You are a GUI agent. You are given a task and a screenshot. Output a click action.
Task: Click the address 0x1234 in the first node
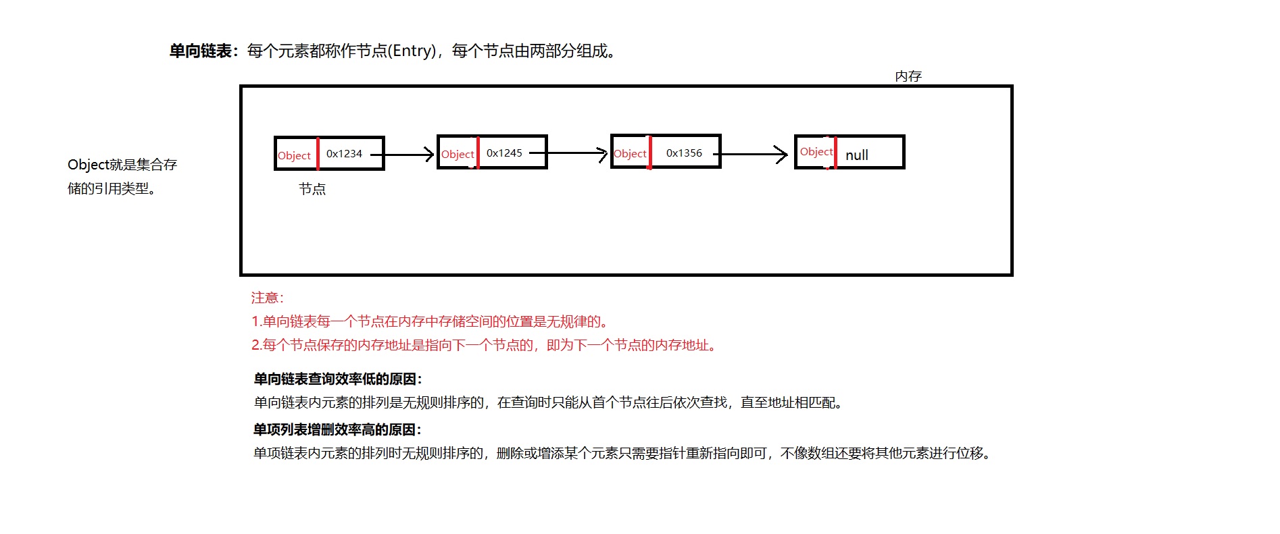(344, 154)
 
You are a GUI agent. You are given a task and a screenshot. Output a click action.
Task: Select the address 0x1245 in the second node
(504, 153)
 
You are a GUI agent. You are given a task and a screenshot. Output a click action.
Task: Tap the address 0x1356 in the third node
(684, 153)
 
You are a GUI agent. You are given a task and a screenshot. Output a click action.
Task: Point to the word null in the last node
(857, 155)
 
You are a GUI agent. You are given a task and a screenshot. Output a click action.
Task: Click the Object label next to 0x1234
(294, 155)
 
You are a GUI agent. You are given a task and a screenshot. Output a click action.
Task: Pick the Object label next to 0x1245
(458, 154)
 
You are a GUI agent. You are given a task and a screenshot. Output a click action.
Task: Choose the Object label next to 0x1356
(630, 154)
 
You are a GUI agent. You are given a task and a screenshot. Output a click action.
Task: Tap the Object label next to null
(816, 152)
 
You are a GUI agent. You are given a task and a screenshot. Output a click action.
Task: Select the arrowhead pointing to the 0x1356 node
(603, 154)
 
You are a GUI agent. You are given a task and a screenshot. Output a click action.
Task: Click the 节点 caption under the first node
(312, 189)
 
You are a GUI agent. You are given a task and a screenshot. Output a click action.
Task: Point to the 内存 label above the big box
(908, 76)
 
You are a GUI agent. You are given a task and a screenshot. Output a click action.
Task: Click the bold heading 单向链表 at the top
(201, 51)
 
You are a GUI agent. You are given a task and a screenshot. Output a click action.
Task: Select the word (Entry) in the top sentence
(414, 51)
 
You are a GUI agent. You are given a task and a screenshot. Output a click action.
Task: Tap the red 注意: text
(268, 298)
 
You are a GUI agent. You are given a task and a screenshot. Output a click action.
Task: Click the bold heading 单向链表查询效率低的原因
(337, 379)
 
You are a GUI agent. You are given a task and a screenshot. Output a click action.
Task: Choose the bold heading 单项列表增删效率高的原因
(337, 429)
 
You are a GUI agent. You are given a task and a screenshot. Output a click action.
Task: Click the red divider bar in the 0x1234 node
(318, 153)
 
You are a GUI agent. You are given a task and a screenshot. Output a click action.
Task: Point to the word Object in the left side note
(88, 165)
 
